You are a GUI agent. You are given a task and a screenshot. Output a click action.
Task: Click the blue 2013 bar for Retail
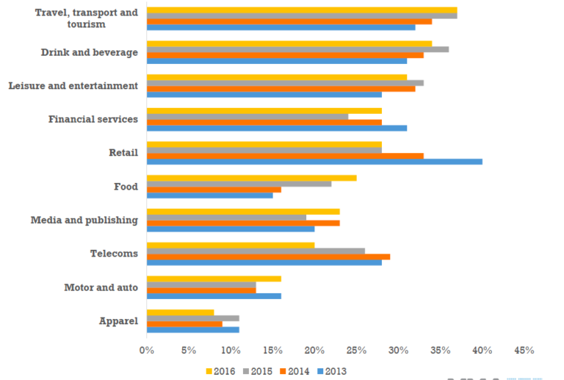[x=314, y=161]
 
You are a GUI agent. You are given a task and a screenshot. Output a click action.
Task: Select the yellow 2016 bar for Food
[x=251, y=178]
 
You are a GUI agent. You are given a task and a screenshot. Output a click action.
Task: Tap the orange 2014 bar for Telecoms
[x=268, y=257]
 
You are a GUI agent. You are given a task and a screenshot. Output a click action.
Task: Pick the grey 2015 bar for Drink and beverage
[x=297, y=49]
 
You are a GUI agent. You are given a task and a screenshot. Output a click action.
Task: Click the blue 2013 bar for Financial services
[x=277, y=128]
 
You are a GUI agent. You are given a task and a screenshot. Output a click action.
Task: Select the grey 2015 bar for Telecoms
[x=256, y=251]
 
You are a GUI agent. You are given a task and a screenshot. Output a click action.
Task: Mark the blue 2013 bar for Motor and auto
[x=214, y=295]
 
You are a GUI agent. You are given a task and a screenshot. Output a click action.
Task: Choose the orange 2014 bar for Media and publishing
[x=243, y=223]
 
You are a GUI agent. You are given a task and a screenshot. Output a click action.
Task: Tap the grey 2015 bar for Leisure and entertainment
[x=285, y=83]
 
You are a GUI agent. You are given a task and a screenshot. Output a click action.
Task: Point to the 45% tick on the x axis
[x=524, y=351]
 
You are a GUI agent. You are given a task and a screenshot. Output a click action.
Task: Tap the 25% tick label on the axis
[x=356, y=351]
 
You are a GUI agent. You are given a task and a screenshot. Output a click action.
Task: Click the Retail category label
[x=123, y=153]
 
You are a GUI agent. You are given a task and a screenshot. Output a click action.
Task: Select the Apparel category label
[x=118, y=321]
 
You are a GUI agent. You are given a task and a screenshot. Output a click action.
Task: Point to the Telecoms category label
[x=114, y=254]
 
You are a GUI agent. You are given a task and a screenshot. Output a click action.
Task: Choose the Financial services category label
[x=93, y=119]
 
